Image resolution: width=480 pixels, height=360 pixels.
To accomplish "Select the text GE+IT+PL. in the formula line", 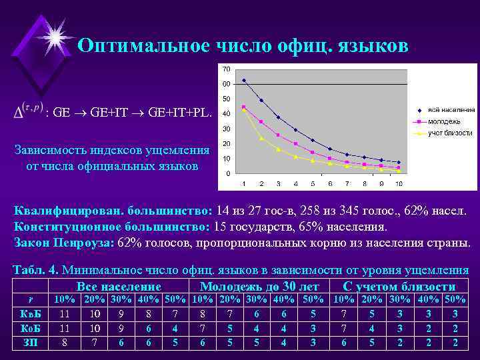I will coord(180,113).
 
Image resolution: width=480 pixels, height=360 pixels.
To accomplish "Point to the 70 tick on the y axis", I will coord(227,69).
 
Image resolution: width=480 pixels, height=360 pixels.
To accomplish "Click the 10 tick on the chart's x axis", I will coord(399,183).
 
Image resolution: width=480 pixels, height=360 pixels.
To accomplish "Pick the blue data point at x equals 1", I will coord(244,81).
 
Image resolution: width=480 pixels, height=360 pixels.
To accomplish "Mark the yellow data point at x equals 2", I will coord(261,138).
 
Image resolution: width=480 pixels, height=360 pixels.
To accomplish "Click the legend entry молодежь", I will coord(443,121).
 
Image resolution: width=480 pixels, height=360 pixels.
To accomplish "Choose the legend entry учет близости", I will coord(445,133).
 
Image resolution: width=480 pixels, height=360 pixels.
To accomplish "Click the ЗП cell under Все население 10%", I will coord(65,342).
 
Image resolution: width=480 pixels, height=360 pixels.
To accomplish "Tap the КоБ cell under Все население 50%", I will coord(175,328).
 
